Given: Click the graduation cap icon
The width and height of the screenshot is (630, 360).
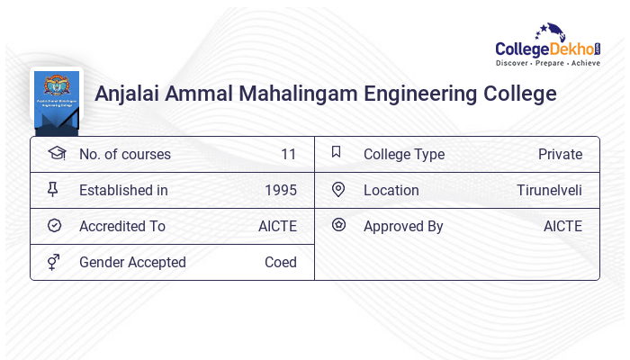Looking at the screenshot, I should click(x=56, y=153).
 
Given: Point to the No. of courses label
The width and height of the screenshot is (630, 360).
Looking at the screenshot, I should click(x=124, y=154).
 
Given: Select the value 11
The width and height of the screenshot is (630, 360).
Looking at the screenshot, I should click(x=288, y=154).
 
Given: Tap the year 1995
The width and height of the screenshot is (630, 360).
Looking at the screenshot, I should click(x=280, y=190).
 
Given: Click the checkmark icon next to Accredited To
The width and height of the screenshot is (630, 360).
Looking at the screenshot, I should click(x=54, y=226).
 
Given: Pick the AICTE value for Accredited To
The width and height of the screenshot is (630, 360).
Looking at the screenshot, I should click(x=277, y=226).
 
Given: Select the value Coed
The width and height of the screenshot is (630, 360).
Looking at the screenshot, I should click(x=280, y=262).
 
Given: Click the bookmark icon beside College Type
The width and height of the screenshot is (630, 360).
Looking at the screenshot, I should click(x=337, y=153).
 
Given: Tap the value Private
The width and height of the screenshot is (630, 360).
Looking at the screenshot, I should click(x=560, y=154).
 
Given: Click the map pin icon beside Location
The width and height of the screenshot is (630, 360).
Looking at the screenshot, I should click(x=338, y=189).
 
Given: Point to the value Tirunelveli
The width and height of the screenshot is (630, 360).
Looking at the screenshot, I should click(x=549, y=190).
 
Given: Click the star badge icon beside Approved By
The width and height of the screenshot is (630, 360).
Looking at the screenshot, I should click(x=338, y=225).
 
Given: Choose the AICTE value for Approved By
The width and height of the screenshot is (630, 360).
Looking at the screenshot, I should click(x=562, y=226).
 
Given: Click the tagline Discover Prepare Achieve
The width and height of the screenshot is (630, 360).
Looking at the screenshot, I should click(x=548, y=64).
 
